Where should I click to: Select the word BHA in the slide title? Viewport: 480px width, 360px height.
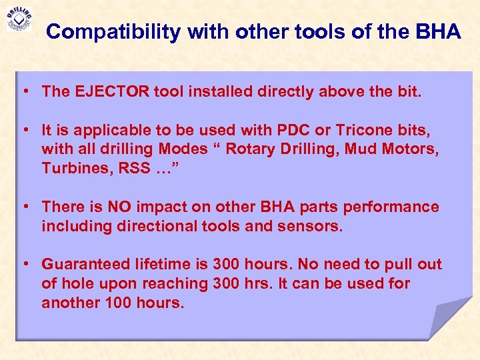point(440,31)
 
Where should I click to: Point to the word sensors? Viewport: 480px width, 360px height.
point(313,226)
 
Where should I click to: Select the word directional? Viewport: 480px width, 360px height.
point(156,226)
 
